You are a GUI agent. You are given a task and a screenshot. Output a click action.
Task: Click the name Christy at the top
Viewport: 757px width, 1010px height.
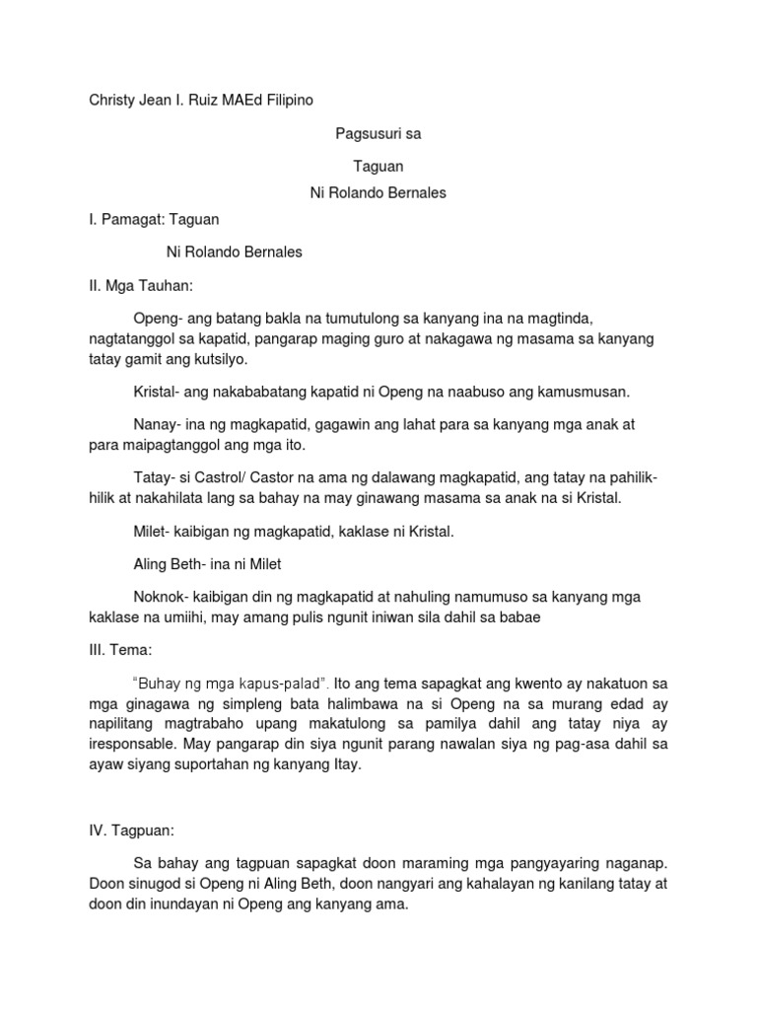coord(112,100)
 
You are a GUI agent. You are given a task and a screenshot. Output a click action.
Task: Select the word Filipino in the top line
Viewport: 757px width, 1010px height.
coord(295,100)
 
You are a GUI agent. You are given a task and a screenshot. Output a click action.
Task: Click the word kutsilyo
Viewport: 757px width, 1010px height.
coord(227,360)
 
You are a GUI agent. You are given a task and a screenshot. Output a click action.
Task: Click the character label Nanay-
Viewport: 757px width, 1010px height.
coord(156,425)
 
